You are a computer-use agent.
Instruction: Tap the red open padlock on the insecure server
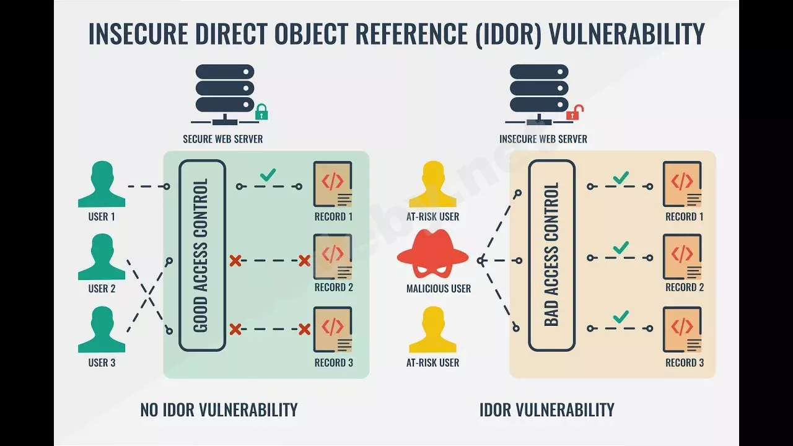click(x=576, y=112)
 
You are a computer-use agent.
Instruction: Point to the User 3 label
click(x=102, y=362)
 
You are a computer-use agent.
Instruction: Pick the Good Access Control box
click(x=202, y=255)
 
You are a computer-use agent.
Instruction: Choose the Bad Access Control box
click(x=551, y=255)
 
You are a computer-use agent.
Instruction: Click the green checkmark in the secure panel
click(x=268, y=175)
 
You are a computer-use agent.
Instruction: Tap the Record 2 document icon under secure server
click(x=333, y=256)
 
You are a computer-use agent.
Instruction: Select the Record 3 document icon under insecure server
click(x=682, y=329)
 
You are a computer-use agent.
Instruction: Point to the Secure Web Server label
click(x=222, y=139)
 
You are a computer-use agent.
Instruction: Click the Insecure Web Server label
click(x=543, y=139)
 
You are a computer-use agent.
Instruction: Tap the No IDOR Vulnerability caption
click(x=219, y=409)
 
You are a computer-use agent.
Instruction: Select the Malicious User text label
click(x=438, y=289)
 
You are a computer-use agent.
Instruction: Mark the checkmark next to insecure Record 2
click(x=621, y=248)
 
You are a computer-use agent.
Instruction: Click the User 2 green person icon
click(x=102, y=256)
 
